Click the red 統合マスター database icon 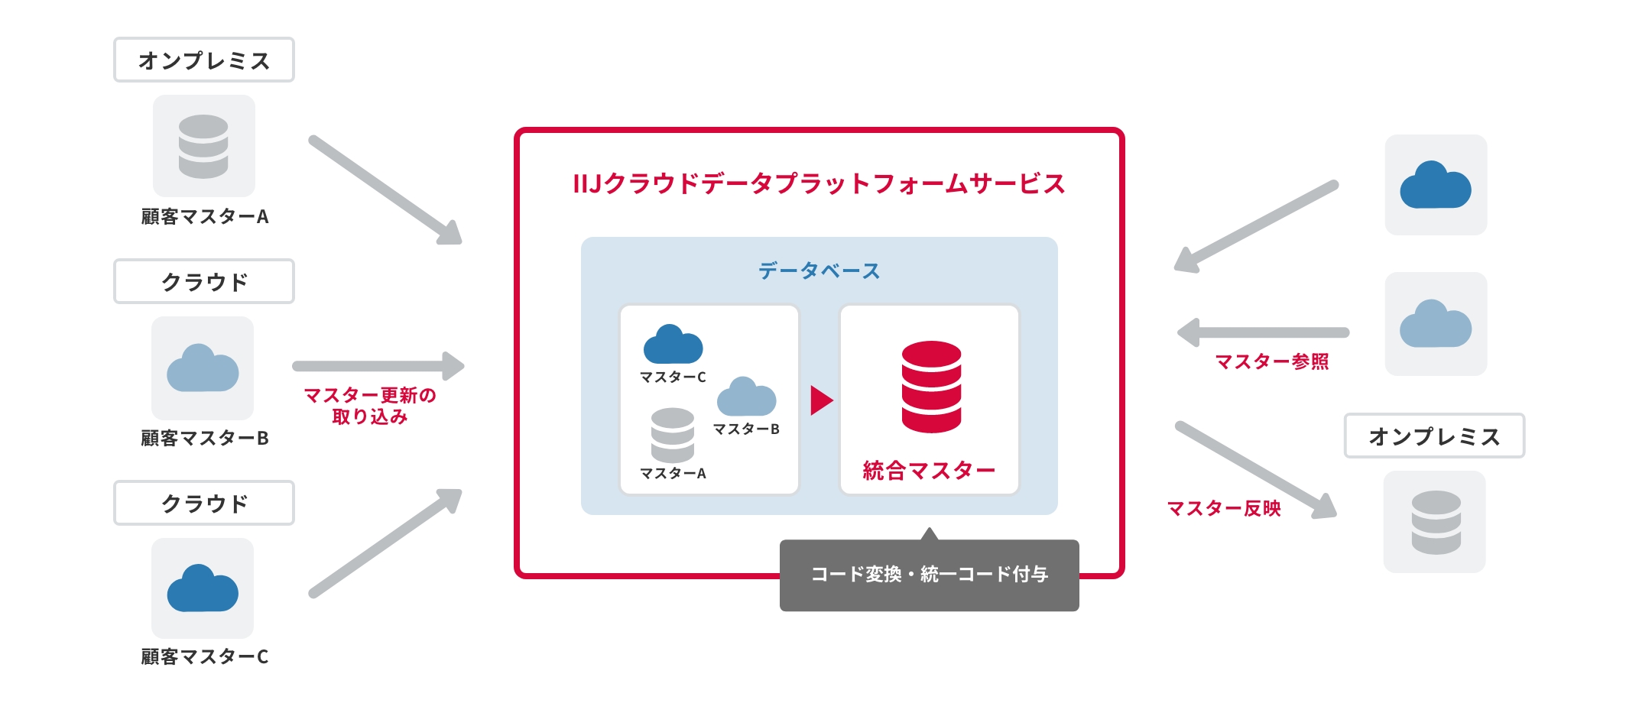pyautogui.click(x=931, y=387)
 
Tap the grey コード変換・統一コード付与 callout pyautogui.click(x=929, y=575)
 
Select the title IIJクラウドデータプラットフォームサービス pyautogui.click(x=819, y=184)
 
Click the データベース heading pyautogui.click(x=819, y=271)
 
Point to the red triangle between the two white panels pyautogui.click(x=820, y=400)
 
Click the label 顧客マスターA pyautogui.click(x=204, y=217)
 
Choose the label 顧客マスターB pyautogui.click(x=204, y=439)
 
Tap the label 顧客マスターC pyautogui.click(x=204, y=657)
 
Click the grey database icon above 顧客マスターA pyautogui.click(x=203, y=146)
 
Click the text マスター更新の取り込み pyautogui.click(x=370, y=406)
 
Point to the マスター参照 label pyautogui.click(x=1271, y=361)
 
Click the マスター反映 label pyautogui.click(x=1223, y=509)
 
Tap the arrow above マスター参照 pyautogui.click(x=1263, y=332)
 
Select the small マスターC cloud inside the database pyautogui.click(x=673, y=345)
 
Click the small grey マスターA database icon pyautogui.click(x=673, y=435)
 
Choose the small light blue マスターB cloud pyautogui.click(x=746, y=397)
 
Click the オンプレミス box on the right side pyautogui.click(x=1434, y=436)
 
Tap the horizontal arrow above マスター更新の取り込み pyautogui.click(x=378, y=366)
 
